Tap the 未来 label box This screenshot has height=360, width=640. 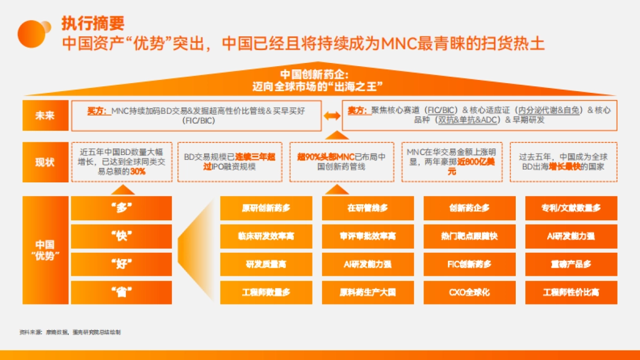(45, 116)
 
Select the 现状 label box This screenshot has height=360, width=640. (45, 162)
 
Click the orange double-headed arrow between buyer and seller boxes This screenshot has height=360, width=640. (332, 115)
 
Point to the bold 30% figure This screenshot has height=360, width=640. (138, 172)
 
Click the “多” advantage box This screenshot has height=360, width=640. (122, 208)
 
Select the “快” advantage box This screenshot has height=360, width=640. (122, 236)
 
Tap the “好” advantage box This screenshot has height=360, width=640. (122, 264)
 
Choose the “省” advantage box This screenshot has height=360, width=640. (122, 292)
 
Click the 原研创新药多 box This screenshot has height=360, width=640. (266, 208)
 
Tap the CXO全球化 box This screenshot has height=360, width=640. (469, 292)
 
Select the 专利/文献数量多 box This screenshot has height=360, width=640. (571, 208)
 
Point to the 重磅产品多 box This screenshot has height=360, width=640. (571, 264)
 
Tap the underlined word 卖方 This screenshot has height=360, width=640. (358, 110)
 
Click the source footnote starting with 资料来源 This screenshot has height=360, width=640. (70, 332)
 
